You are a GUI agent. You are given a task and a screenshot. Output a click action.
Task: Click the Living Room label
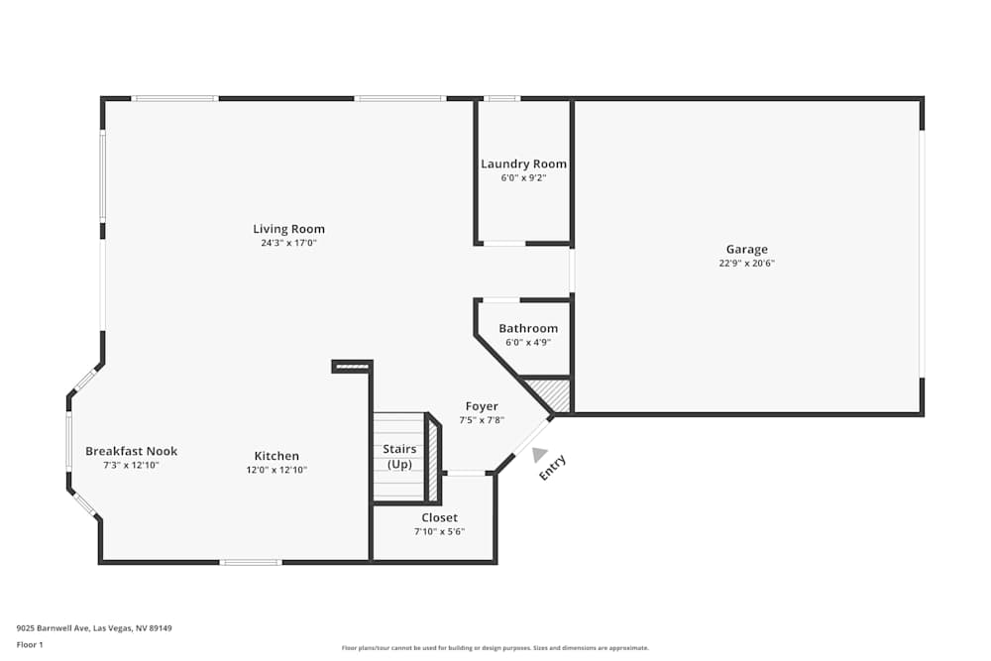tap(288, 229)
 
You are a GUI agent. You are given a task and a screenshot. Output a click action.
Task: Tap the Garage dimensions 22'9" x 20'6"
tap(746, 264)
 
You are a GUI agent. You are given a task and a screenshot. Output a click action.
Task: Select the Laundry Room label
tap(523, 164)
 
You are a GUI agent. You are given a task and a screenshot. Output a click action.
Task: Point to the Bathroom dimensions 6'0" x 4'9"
tap(527, 343)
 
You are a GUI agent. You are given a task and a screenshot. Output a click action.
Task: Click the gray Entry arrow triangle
tap(538, 455)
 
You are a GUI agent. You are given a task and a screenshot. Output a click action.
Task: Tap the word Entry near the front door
tap(553, 468)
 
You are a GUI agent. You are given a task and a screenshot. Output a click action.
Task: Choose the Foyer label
tap(482, 406)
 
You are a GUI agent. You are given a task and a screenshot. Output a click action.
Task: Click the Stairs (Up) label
tap(399, 457)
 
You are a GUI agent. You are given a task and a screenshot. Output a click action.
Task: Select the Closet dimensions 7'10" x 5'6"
tap(439, 532)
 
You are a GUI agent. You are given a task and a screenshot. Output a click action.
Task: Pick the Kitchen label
tap(276, 456)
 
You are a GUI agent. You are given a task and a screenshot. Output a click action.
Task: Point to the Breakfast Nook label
tap(131, 451)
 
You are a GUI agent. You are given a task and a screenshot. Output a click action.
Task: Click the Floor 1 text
tap(30, 644)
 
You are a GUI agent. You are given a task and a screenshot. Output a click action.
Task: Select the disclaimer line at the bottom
tap(495, 648)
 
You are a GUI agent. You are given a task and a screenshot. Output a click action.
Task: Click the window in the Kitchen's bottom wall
tap(250, 562)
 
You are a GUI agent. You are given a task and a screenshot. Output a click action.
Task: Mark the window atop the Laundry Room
tap(502, 98)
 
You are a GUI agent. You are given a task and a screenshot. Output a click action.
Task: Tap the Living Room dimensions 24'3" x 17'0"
tap(288, 243)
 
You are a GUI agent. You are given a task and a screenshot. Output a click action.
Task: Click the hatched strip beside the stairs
tap(433, 460)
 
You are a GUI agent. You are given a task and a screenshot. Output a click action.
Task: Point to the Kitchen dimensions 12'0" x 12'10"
tap(276, 470)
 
